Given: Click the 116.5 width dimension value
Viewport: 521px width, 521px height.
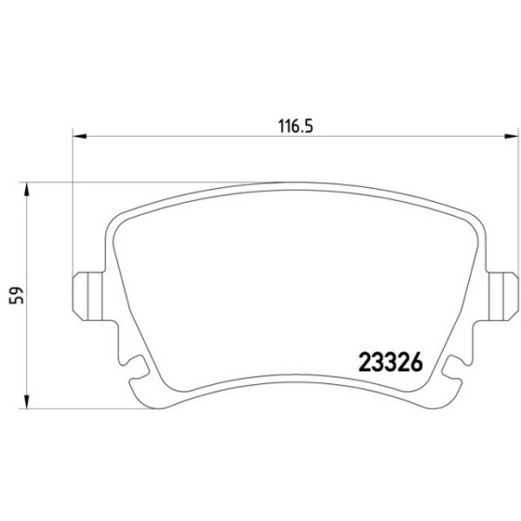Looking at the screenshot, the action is pos(296,127).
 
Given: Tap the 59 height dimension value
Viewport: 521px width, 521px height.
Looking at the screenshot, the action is pos(17,295).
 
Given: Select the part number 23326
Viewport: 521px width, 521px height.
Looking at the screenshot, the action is pos(391,362).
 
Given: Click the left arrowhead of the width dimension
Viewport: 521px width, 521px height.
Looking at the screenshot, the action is pos(79,136).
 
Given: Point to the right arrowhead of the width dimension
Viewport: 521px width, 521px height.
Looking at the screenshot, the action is pos(512,136).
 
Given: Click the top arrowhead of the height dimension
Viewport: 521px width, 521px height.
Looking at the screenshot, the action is pos(27,190).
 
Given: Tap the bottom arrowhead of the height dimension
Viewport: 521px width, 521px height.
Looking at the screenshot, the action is pos(27,401).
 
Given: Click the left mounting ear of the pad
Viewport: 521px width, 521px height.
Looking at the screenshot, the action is pos(87,296).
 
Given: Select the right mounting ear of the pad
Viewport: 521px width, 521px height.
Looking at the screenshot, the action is pos(503,296).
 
